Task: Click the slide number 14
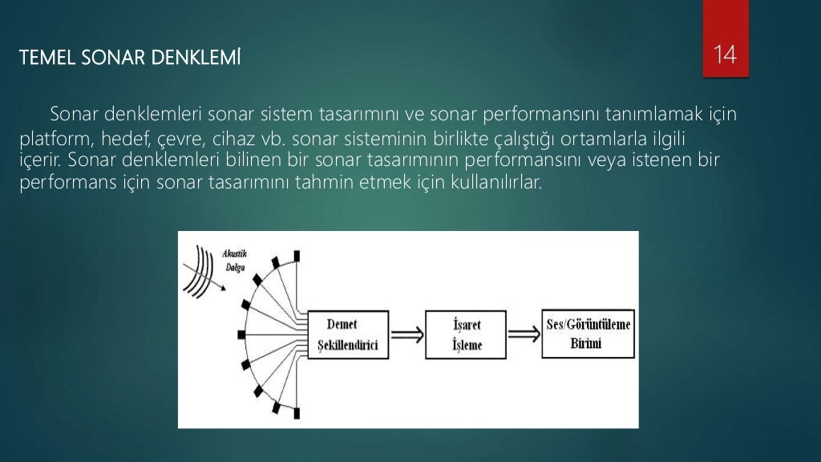(x=725, y=55)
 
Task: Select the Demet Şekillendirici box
(x=350, y=336)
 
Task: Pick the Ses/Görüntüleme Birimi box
(x=586, y=333)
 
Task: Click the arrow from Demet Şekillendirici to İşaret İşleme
(x=408, y=334)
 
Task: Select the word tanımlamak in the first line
(x=637, y=115)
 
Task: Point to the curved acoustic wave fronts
(x=205, y=268)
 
